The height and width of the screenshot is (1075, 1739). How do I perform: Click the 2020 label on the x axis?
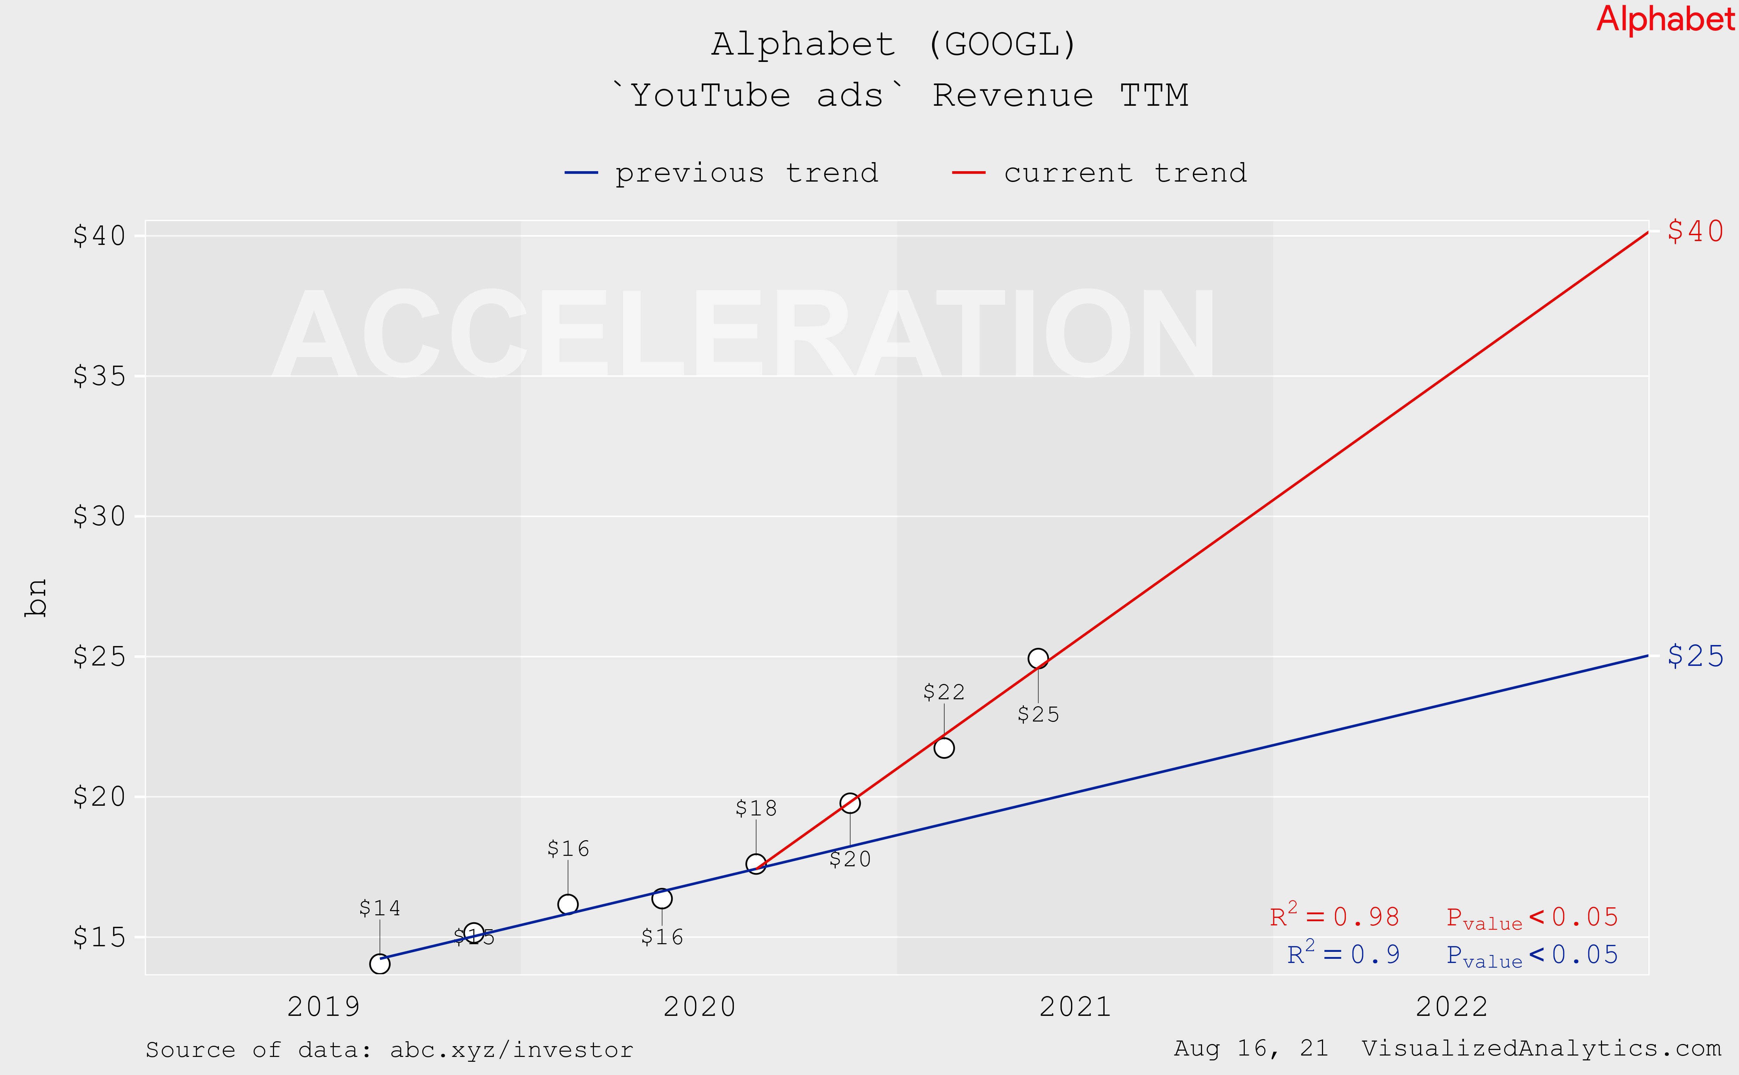pyautogui.click(x=699, y=1007)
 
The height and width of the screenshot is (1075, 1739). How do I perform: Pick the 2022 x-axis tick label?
pyautogui.click(x=1451, y=1007)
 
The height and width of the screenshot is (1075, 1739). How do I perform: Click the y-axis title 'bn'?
pyautogui.click(x=35, y=597)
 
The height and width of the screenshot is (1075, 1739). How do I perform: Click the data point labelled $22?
pyautogui.click(x=944, y=748)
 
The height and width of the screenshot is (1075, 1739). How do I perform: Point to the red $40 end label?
pyautogui.click(x=1695, y=231)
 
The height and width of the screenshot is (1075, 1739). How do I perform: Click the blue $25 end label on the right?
pyautogui.click(x=1695, y=655)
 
